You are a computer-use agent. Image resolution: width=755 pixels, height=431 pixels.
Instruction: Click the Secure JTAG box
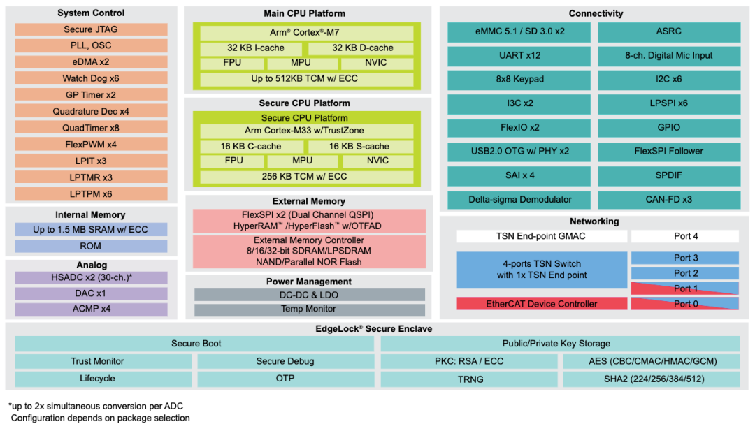pos(91,29)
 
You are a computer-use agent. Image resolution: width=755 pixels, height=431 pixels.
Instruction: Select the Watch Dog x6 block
pos(91,78)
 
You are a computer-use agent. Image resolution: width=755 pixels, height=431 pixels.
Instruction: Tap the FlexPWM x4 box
pos(91,145)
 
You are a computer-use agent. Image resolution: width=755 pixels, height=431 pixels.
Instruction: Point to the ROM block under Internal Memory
pos(91,246)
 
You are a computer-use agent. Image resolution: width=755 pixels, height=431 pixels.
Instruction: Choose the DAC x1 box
pos(91,293)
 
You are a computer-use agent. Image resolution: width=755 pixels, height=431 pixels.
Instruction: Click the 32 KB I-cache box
pos(252,48)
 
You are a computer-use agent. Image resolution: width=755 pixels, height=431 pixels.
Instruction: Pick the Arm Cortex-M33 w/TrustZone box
pos(304,131)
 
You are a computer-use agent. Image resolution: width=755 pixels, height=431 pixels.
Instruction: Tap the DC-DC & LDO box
pos(309,295)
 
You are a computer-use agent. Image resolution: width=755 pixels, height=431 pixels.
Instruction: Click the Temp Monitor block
pos(309,309)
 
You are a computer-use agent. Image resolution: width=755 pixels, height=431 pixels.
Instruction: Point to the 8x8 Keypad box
pos(519,79)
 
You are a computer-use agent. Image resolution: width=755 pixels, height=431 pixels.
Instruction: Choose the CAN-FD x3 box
pos(668,199)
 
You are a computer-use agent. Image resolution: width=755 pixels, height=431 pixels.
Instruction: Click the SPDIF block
pos(668,175)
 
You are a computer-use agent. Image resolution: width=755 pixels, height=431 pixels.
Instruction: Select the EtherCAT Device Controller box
pos(542,304)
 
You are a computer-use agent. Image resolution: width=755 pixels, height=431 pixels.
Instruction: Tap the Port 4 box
pos(685,236)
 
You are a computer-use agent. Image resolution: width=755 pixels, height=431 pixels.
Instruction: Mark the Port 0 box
pos(685,304)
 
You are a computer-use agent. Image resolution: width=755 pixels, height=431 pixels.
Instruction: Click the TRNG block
pos(469,379)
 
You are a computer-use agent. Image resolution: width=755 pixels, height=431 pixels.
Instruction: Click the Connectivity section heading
pos(596,13)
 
